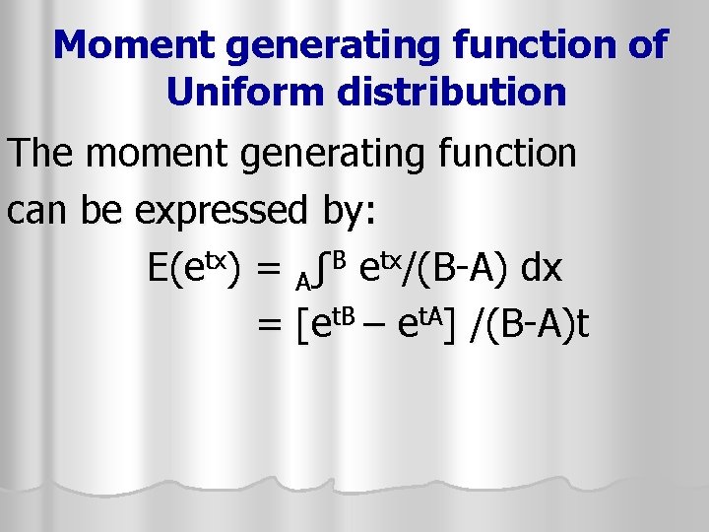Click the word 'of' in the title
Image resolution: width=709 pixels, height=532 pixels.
click(645, 45)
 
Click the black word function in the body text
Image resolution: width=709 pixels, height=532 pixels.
click(513, 154)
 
